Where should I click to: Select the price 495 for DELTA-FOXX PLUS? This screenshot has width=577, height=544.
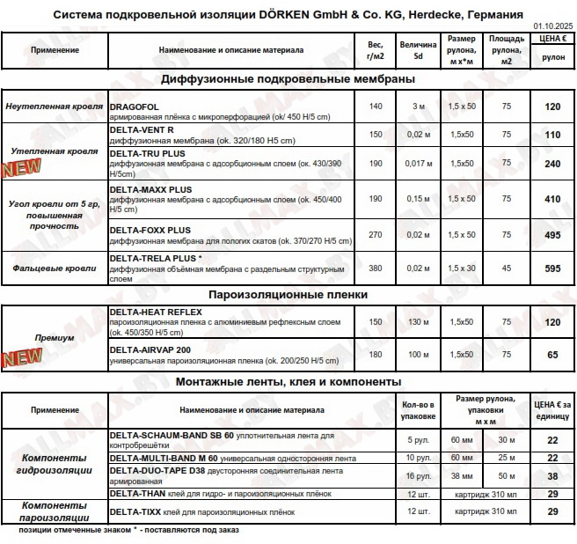pos(552,235)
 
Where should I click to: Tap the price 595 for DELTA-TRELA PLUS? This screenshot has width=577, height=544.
pos(552,268)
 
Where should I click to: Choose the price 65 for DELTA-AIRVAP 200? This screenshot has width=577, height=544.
pos(552,355)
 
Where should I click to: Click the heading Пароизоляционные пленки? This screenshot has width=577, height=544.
pos(288,294)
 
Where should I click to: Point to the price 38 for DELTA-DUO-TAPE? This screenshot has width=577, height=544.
pos(552,475)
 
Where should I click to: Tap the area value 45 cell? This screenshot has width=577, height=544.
pos(507,268)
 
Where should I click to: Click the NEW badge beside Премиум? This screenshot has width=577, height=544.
pos(21,357)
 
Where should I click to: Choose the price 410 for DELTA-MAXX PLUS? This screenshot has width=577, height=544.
pos(552,200)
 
